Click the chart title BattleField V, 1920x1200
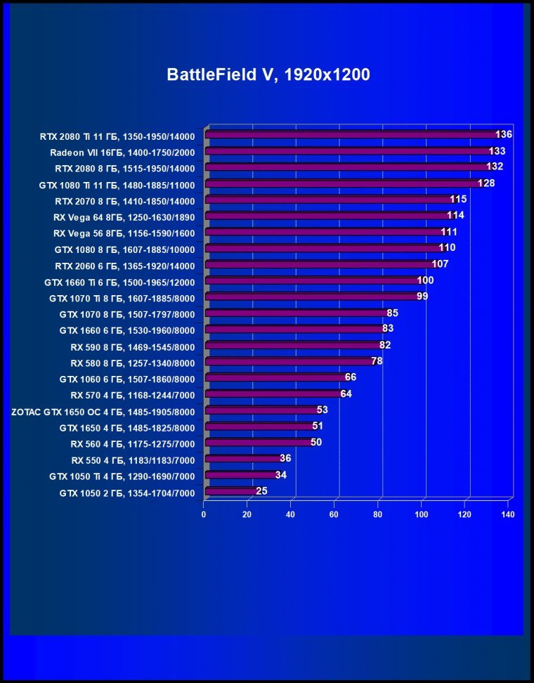coord(268,75)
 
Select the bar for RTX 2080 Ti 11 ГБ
coord(351,134)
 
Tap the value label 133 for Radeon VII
coord(497,151)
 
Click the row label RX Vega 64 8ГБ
coord(124,216)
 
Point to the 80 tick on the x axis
coord(378,515)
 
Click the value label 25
coord(261,491)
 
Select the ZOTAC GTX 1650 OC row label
coord(103,411)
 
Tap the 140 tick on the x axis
coord(508,515)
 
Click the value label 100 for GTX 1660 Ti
coord(425,280)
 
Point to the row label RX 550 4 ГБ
coord(133,460)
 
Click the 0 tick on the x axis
coord(204,515)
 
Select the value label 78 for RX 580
coord(377,361)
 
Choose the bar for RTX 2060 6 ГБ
coord(320,264)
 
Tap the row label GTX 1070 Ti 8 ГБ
coord(122,298)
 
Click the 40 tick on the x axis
coord(291,515)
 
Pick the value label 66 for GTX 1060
coord(351,377)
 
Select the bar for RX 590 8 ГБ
coord(292,346)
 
